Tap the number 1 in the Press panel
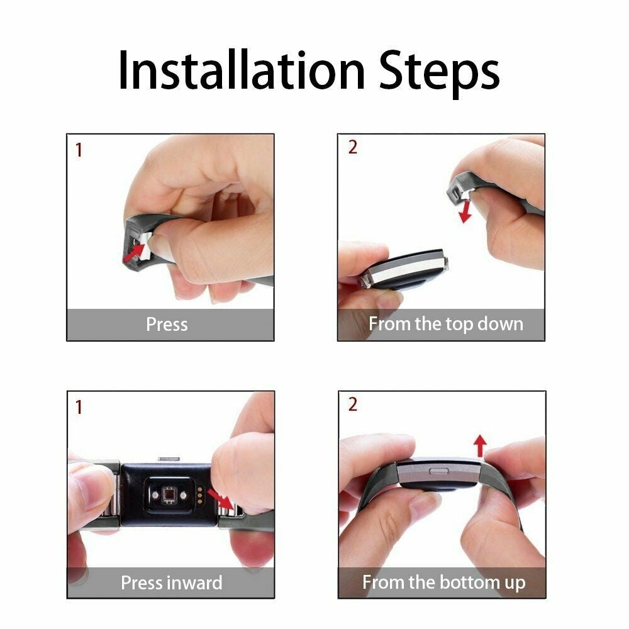79,151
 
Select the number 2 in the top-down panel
352,147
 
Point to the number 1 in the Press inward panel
79,408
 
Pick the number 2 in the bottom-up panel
352,404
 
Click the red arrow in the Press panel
135,253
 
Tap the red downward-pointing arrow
465,211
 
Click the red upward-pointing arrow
480,447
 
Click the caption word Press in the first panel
167,325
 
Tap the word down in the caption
499,325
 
